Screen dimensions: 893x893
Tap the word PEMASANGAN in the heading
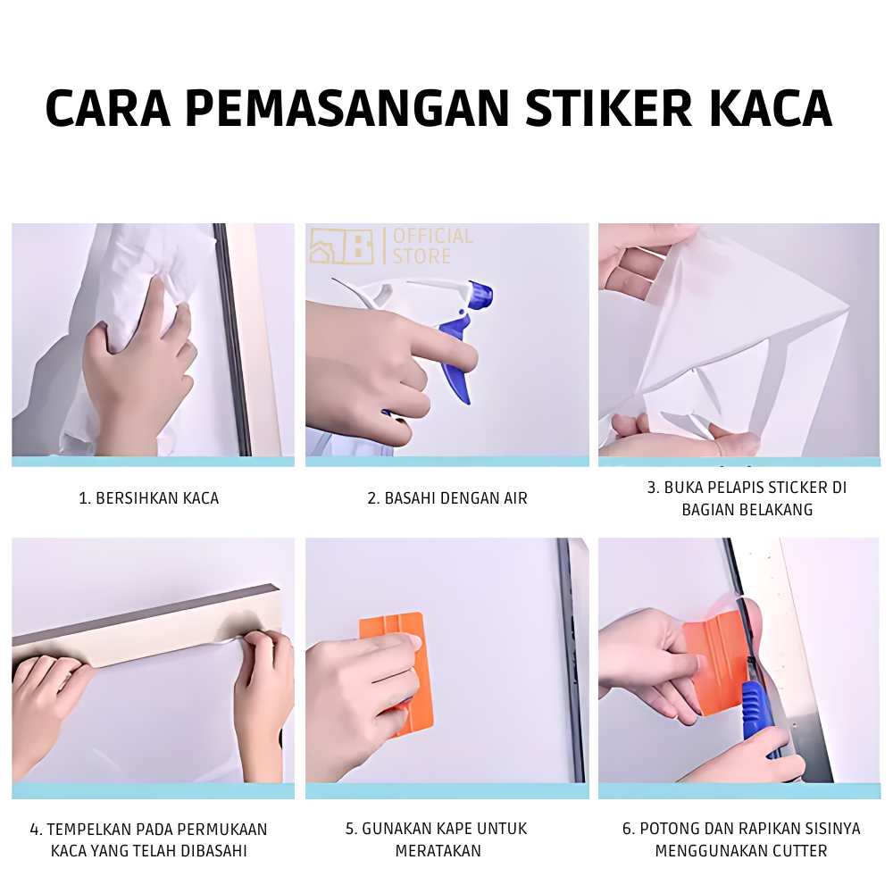click(x=346, y=108)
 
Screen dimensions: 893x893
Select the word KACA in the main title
click(x=772, y=108)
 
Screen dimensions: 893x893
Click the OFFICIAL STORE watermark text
click(x=432, y=246)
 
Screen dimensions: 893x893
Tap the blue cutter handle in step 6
click(x=760, y=718)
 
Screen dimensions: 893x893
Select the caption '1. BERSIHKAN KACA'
click(x=148, y=498)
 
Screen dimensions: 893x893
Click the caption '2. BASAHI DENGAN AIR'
click(x=447, y=498)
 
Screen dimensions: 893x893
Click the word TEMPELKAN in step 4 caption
click(x=89, y=830)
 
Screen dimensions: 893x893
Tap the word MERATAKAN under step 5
click(x=438, y=851)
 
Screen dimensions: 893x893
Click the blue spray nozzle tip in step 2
click(x=481, y=293)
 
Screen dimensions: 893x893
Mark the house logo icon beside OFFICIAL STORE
click(x=341, y=246)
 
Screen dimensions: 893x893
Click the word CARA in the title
click(x=108, y=108)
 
